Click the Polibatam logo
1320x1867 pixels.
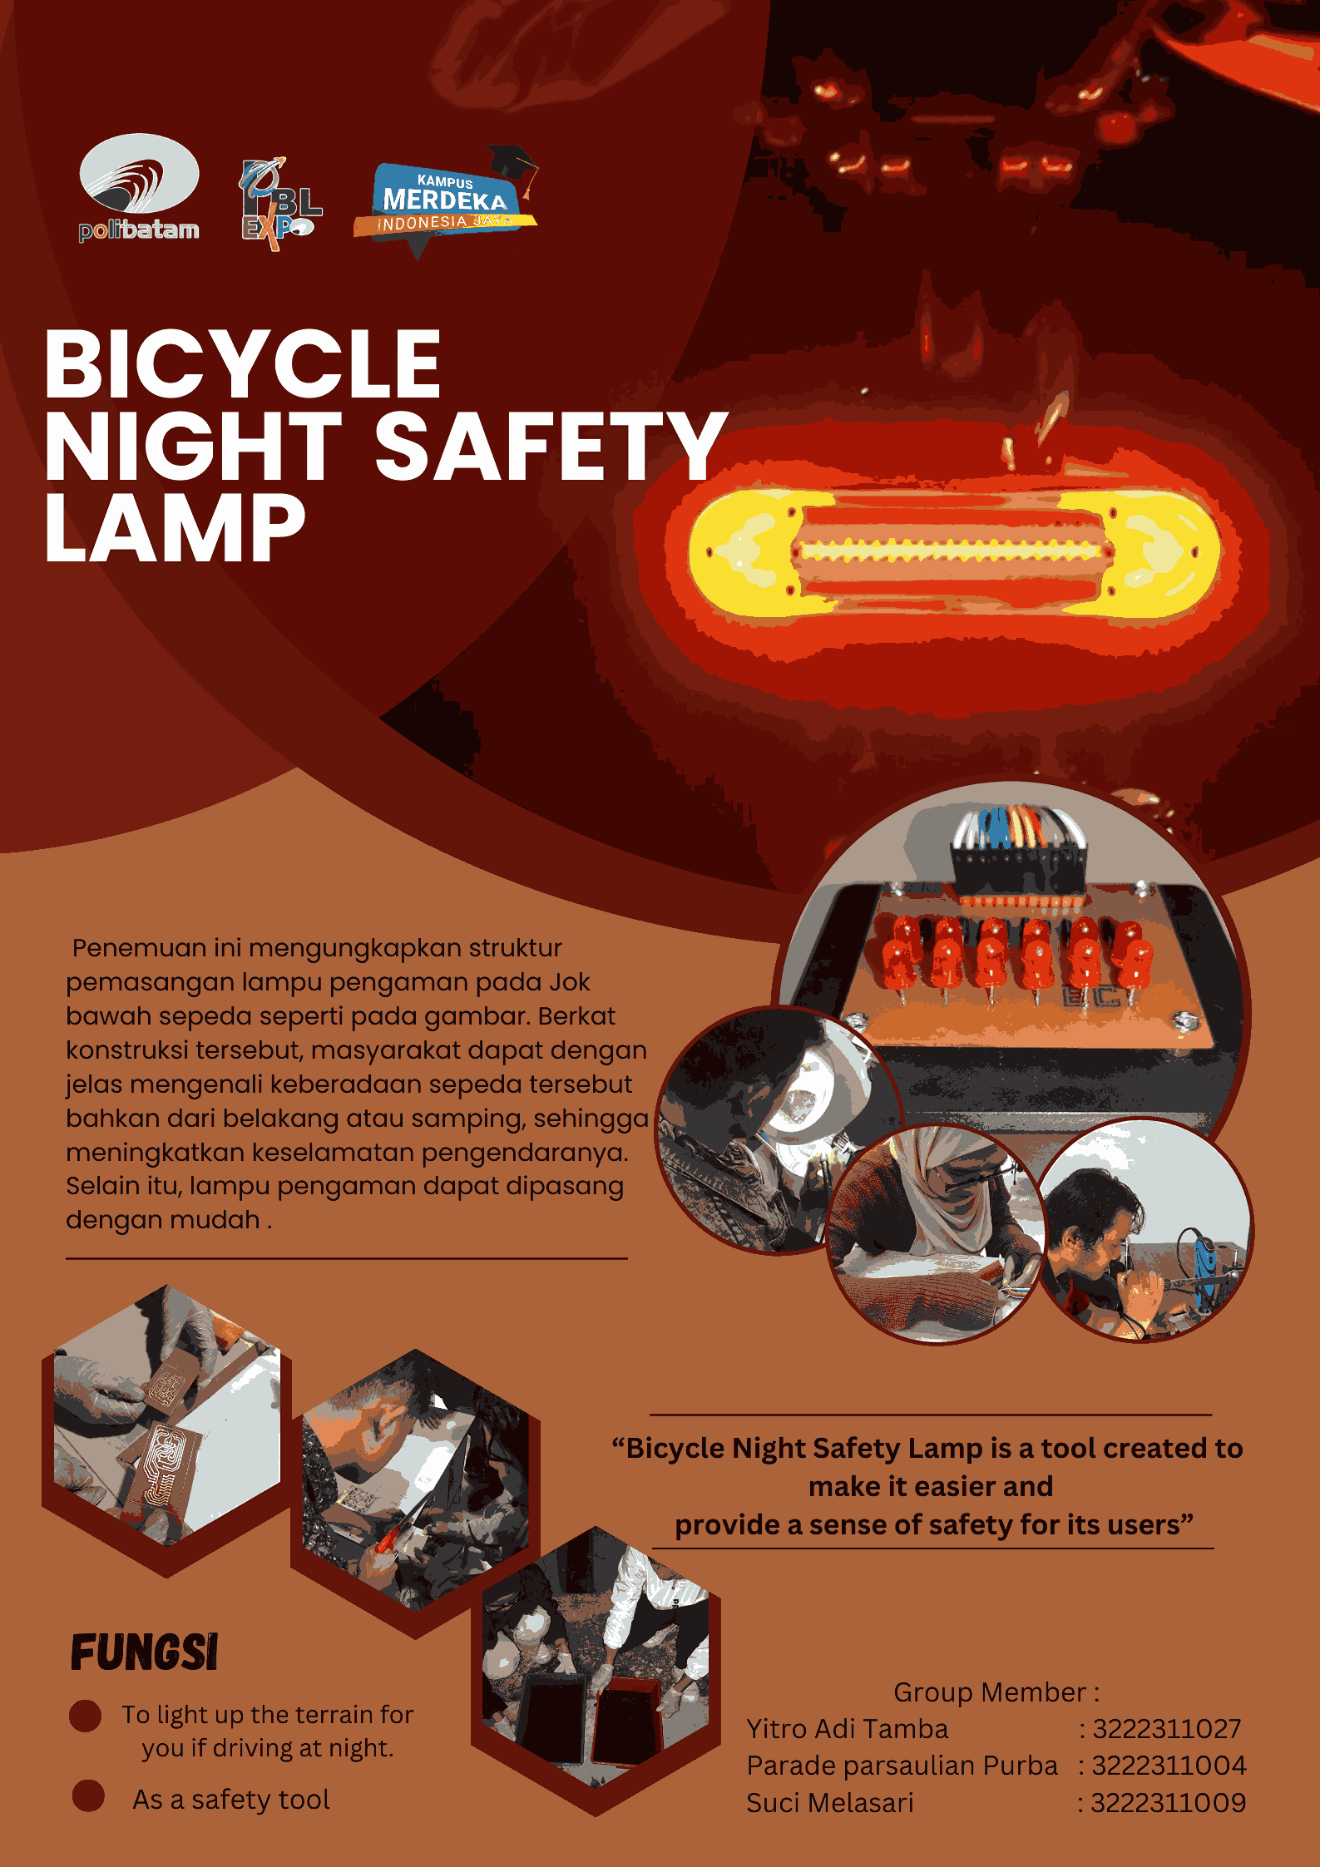coord(139,188)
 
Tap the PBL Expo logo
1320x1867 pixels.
coord(279,205)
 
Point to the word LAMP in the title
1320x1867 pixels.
coord(176,527)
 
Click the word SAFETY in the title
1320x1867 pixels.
coord(551,447)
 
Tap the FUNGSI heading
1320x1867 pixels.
coord(144,1652)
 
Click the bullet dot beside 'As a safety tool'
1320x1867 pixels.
coord(88,1795)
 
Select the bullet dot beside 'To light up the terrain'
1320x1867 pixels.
coord(86,1715)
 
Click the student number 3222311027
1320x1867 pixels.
coord(1166,1729)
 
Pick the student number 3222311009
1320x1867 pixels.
coord(1168,1802)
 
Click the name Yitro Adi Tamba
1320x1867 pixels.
coord(847,1729)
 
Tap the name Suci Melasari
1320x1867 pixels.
coord(829,1802)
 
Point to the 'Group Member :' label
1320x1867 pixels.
coord(996,1692)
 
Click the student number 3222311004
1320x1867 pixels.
coord(1169,1766)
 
